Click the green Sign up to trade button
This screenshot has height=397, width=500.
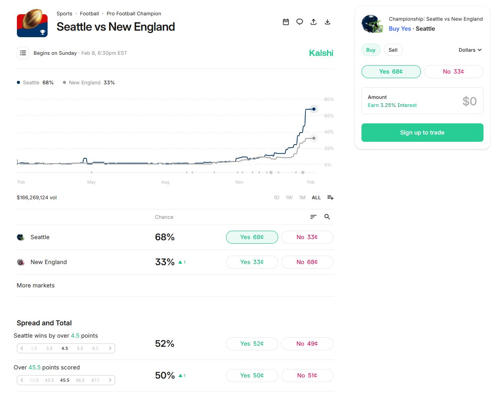422,133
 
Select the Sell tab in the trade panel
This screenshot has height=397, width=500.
393,50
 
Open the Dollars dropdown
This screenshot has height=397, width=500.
470,50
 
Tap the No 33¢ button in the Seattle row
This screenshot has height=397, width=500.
307,237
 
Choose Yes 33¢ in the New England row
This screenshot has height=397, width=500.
252,262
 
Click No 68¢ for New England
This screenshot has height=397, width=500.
307,262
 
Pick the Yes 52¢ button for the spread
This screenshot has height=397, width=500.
252,344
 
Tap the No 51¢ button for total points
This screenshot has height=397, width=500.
307,376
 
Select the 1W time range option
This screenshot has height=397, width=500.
289,198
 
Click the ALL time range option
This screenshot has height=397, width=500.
316,198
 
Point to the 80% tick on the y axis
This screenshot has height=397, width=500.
329,99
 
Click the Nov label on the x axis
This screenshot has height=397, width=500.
239,182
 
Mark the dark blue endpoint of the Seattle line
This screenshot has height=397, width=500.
314,109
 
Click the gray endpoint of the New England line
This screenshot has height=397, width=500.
314,138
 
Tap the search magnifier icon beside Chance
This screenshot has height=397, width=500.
327,217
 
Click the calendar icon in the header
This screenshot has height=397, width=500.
286,22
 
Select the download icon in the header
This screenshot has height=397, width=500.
327,22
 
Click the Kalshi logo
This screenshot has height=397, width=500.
321,53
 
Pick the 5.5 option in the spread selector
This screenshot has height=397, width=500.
80,348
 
